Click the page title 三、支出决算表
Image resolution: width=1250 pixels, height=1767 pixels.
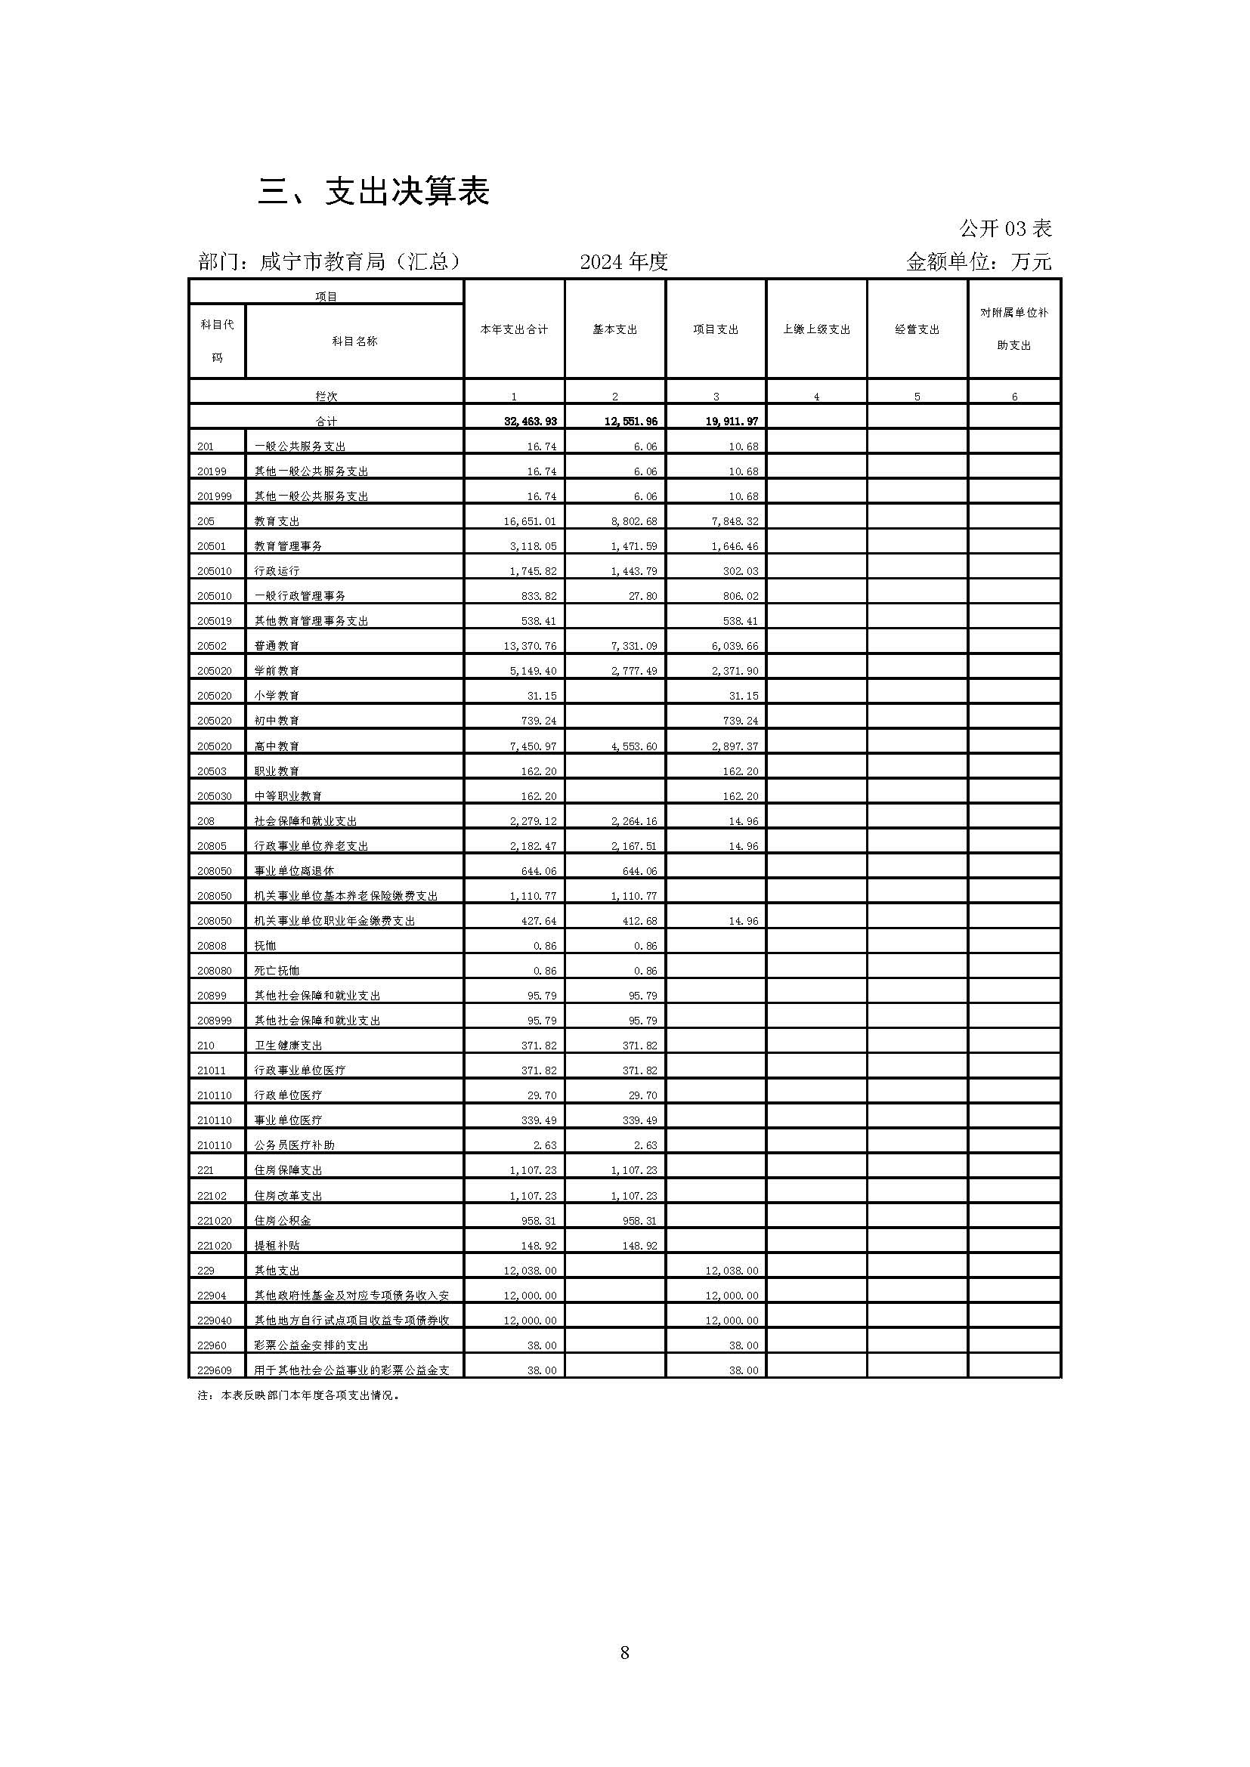[373, 192]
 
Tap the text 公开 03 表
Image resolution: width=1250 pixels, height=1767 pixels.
[1005, 229]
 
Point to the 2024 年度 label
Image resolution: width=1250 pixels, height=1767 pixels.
[623, 262]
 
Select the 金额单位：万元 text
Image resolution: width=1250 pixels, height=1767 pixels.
[978, 262]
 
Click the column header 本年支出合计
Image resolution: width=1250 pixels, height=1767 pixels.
[514, 329]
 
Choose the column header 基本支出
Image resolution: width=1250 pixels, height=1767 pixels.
[615, 329]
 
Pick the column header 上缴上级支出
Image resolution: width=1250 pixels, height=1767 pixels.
[817, 329]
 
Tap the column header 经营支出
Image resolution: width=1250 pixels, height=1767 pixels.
[917, 329]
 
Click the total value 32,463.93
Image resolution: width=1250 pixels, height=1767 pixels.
[531, 422]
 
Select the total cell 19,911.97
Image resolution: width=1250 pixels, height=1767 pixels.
[732, 422]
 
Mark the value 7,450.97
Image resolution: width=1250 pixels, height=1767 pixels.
[531, 746]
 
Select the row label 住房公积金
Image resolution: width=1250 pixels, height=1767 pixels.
[283, 1221]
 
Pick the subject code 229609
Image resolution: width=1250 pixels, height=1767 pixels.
[215, 1370]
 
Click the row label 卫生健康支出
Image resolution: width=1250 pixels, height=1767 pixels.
[289, 1046]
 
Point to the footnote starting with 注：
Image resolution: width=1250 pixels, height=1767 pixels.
[299, 1395]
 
